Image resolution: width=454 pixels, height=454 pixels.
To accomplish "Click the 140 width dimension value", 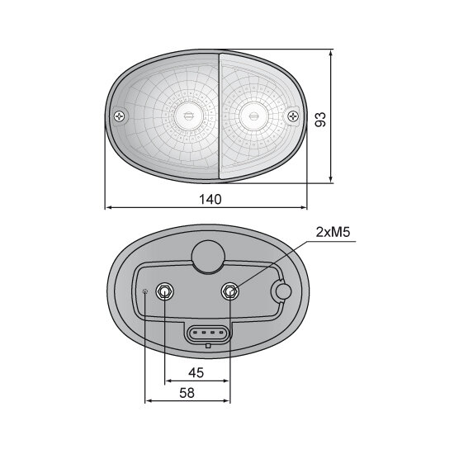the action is [210, 199].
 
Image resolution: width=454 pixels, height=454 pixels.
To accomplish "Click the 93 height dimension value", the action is [320, 120].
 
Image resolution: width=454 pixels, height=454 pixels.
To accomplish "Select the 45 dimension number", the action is [196, 372].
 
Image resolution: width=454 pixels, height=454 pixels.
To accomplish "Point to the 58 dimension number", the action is [187, 393].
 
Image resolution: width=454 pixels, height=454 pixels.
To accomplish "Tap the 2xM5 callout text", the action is [333, 232].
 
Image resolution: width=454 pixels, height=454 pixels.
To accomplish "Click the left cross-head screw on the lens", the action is [120, 116].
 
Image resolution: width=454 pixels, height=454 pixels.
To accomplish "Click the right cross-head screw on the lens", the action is [293, 116].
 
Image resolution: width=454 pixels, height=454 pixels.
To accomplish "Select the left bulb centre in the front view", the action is [188, 116].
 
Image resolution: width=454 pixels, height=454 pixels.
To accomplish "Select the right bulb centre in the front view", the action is [253, 116].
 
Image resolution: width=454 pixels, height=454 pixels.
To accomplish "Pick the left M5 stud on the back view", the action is [165, 291].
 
